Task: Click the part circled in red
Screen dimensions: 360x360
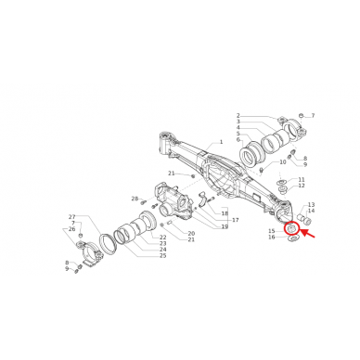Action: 291,229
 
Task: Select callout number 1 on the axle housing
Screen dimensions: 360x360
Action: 221,144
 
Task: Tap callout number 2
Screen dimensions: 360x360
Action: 238,114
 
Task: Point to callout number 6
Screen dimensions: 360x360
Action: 238,140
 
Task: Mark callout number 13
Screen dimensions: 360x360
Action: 312,204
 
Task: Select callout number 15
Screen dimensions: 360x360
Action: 271,230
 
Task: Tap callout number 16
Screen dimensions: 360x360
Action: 271,238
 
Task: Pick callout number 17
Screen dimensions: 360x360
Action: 236,220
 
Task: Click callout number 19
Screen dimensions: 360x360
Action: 224,226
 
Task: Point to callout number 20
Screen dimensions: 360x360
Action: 190,233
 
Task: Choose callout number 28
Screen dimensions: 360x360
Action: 134,199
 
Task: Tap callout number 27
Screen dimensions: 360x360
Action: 71,217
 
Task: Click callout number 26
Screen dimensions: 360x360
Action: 71,229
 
